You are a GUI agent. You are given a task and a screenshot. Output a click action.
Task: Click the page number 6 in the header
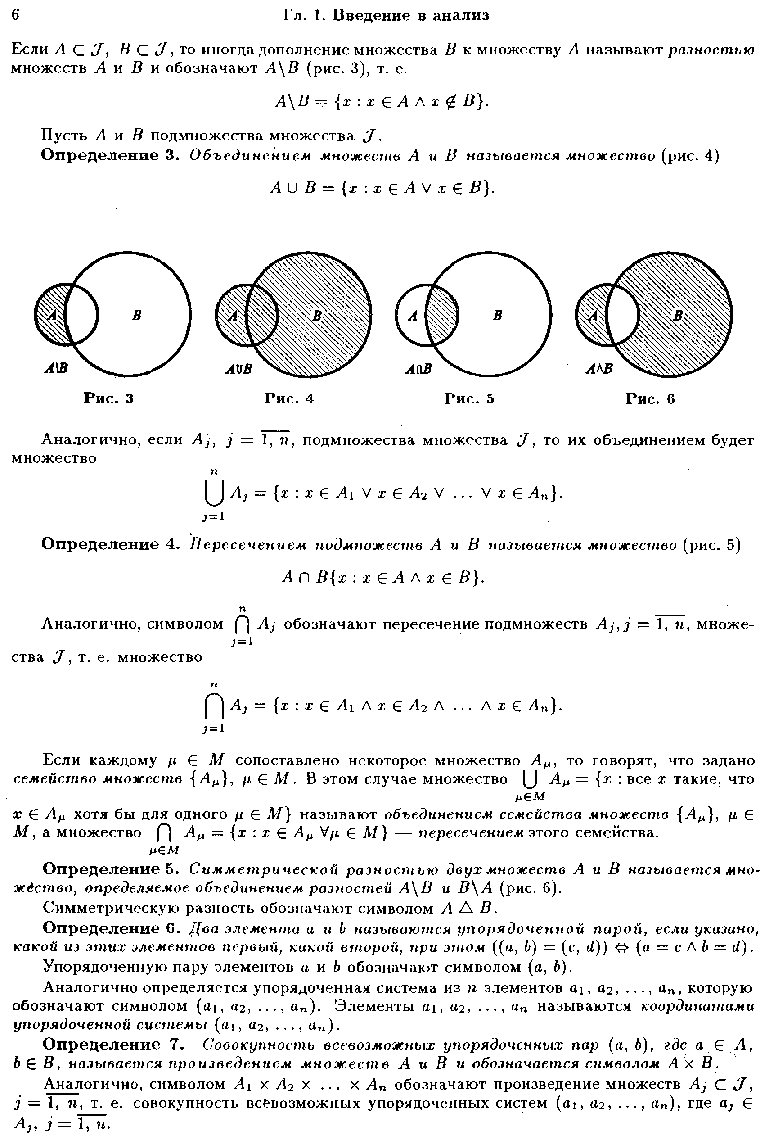[15, 15]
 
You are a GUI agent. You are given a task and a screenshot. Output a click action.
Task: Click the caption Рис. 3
[109, 399]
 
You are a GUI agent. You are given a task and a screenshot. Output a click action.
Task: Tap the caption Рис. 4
[289, 399]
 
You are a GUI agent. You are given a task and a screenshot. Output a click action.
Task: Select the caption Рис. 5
[469, 399]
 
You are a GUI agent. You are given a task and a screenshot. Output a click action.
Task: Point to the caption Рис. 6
[650, 399]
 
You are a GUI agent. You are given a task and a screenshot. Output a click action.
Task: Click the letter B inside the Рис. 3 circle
[137, 315]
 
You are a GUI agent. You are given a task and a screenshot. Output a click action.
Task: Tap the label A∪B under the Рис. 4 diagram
[238, 369]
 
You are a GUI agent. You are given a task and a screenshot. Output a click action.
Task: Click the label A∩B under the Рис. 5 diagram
[418, 369]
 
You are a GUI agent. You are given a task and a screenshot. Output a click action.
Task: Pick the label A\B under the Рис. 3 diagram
[56, 369]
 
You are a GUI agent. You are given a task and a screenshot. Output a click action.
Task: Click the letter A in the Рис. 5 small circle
[413, 316]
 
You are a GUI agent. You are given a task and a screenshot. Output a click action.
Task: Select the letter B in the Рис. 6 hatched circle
[678, 315]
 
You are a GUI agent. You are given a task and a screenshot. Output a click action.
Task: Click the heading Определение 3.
[111, 156]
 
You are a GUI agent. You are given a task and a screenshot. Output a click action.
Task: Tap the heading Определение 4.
[111, 544]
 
